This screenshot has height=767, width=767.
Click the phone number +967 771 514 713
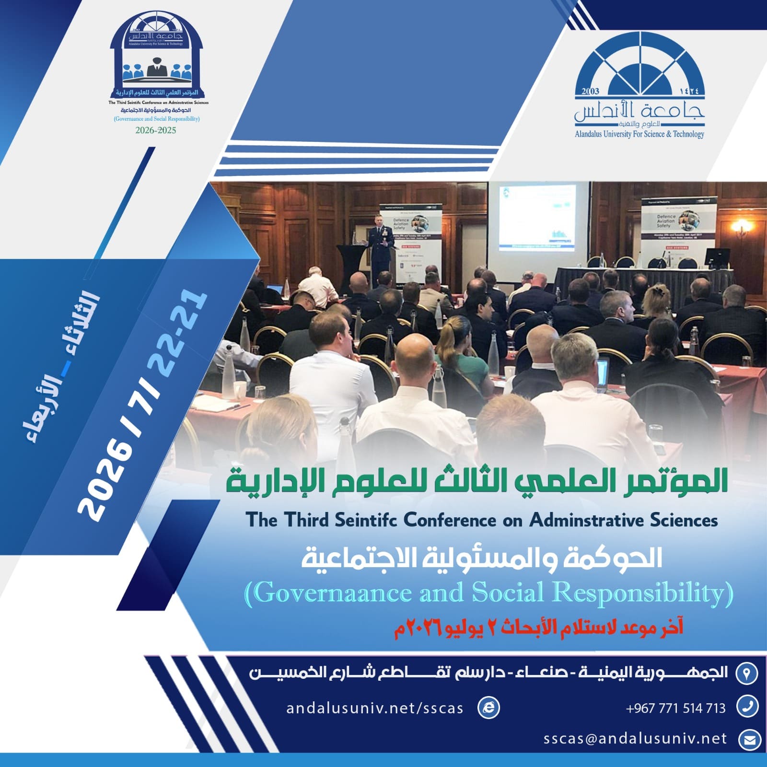[x=675, y=708]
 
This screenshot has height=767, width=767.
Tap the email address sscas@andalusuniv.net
[x=635, y=739]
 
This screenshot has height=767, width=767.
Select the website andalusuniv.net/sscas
[x=374, y=708]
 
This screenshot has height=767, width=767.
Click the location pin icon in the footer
[x=746, y=673]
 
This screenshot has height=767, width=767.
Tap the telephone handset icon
[x=747, y=707]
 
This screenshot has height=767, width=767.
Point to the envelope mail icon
[x=748, y=740]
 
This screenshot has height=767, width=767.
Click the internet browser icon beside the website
[x=488, y=708]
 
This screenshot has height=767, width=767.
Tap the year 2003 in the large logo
[x=590, y=91]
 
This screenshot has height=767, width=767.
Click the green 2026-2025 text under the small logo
[x=156, y=130]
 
